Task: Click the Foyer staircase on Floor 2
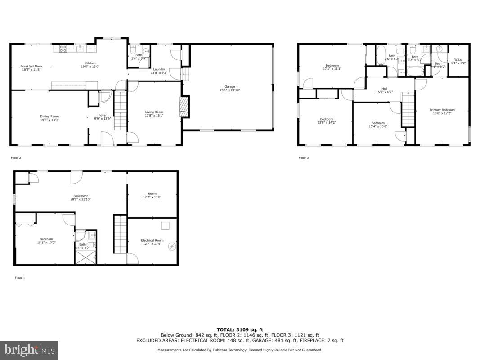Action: pos(120,110)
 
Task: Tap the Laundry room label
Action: pos(159,69)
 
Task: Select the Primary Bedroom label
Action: pos(442,110)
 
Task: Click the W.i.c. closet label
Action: pos(458,59)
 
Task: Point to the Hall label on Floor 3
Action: pos(384,89)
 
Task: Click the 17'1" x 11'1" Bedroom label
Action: pos(332,65)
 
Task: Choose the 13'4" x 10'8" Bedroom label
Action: pos(378,123)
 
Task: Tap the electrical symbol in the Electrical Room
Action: pos(172,247)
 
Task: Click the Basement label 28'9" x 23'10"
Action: pos(81,196)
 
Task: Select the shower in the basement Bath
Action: pos(85,258)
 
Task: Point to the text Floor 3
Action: pos(304,158)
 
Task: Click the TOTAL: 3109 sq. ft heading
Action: pos(239,329)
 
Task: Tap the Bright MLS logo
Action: pos(29,349)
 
